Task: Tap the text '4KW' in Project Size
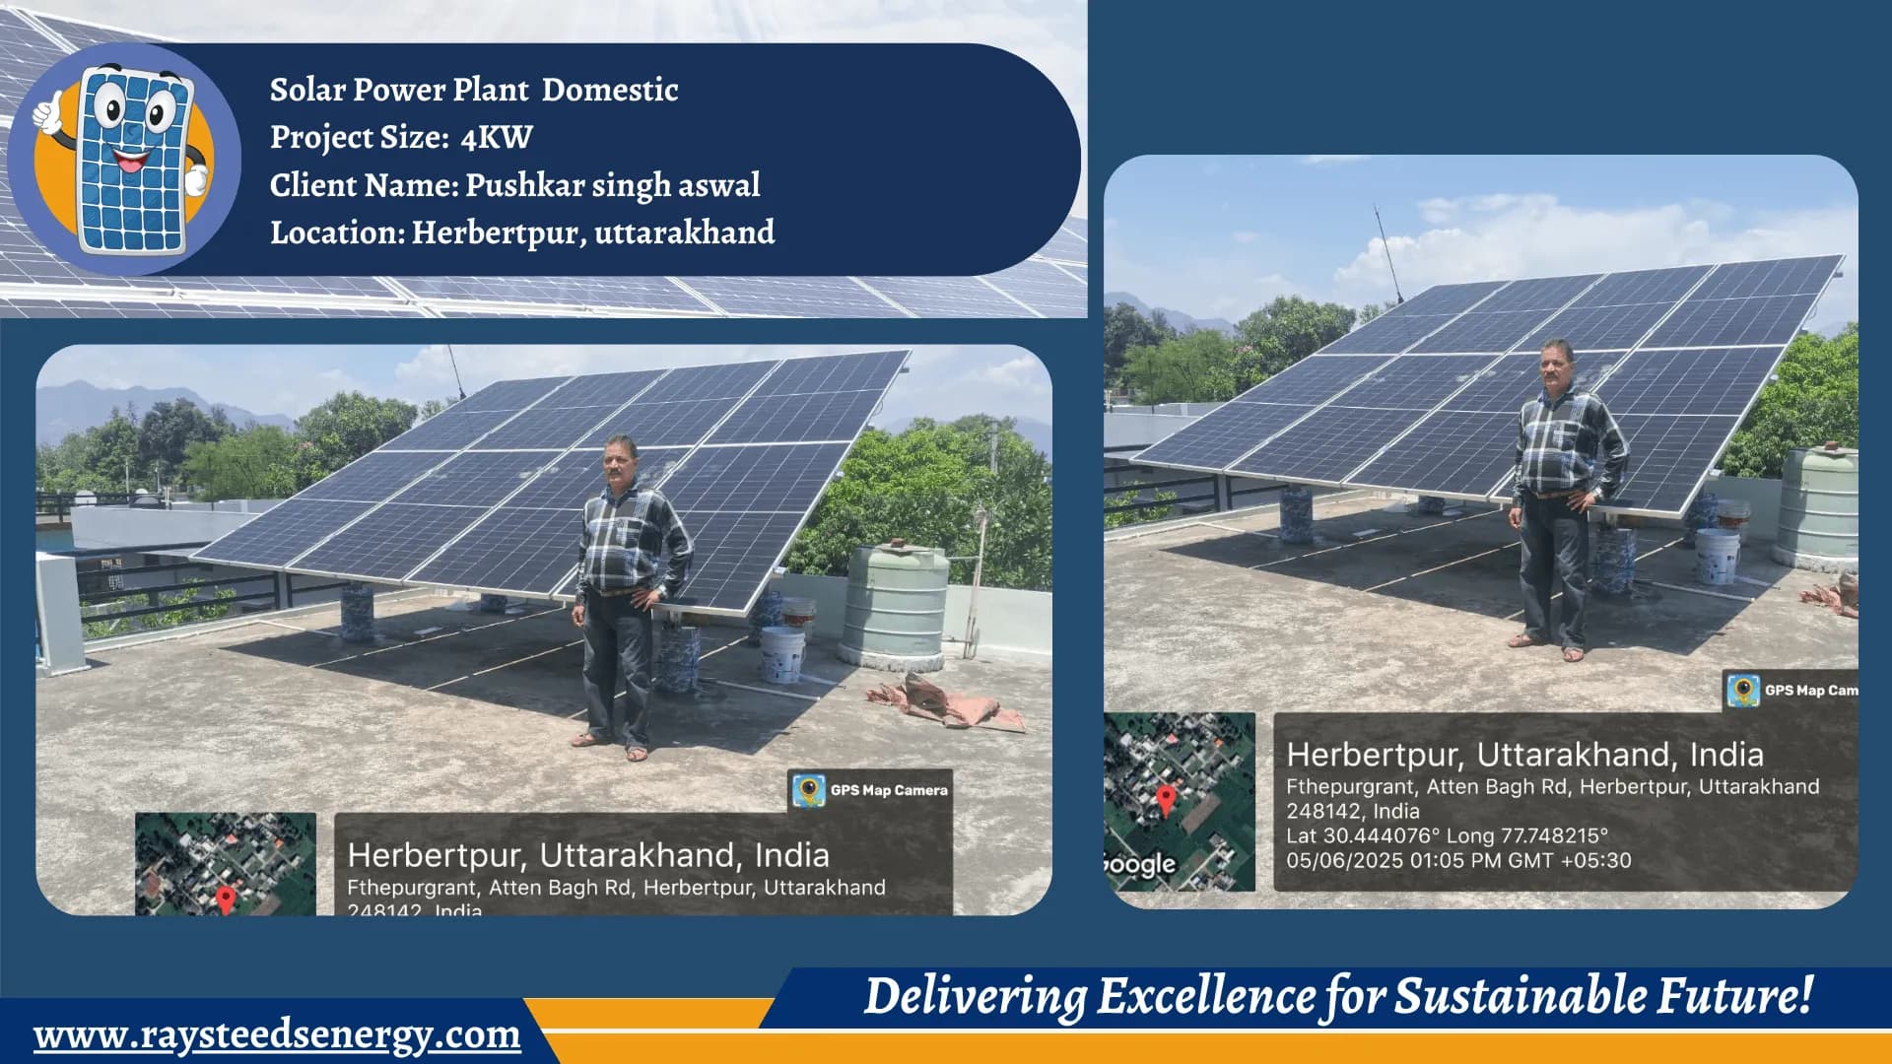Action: (x=497, y=138)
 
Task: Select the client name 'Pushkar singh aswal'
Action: (x=612, y=185)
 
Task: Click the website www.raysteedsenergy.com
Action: (x=277, y=1035)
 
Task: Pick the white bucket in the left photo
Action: (x=782, y=653)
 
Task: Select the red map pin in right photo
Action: (x=1166, y=799)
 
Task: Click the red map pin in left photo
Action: (x=226, y=898)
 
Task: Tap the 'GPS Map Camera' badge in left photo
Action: (x=871, y=790)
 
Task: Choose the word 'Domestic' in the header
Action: (x=610, y=90)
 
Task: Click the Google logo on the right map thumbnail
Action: (x=1141, y=865)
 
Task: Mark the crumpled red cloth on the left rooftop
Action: (x=946, y=702)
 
